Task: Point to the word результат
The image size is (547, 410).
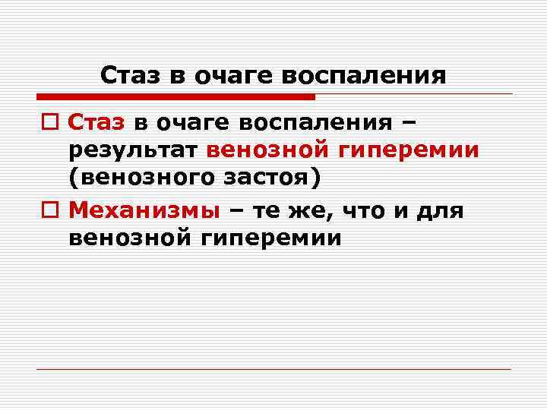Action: click(134, 150)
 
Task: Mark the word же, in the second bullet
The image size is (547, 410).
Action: click(307, 209)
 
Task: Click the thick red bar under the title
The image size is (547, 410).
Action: click(175, 97)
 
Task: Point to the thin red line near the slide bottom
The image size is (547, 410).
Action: click(273, 369)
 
